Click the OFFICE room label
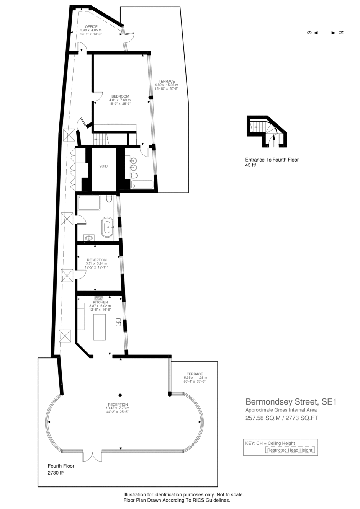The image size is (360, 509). click(x=91, y=27)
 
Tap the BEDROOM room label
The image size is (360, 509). click(x=120, y=96)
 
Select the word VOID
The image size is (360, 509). click(x=103, y=166)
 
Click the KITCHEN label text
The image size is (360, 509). click(x=100, y=302)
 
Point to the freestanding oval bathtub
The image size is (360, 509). click(x=107, y=227)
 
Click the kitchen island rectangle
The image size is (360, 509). click(x=100, y=327)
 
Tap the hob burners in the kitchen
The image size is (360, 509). click(x=99, y=298)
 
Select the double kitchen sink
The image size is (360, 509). click(x=118, y=322)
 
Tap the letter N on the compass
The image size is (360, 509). click(x=341, y=33)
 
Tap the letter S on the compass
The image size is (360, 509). click(x=309, y=33)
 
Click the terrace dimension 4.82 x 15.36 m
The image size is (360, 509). click(x=167, y=85)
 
